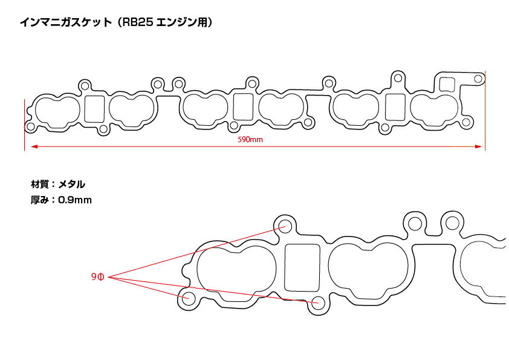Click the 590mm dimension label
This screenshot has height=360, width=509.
point(250,140)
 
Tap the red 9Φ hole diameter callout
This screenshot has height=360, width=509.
point(97,277)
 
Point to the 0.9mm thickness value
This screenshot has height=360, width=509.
point(75,200)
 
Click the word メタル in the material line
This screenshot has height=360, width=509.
point(72,184)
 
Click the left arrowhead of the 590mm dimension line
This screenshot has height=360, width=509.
point(34,146)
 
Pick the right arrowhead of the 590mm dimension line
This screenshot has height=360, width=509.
point(478,146)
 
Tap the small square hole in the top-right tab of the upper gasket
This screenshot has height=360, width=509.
point(447,84)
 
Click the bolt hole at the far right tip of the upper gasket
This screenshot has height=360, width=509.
point(478,79)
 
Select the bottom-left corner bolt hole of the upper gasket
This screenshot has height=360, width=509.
point(30,126)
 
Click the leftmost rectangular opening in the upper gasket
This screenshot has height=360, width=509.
point(94,109)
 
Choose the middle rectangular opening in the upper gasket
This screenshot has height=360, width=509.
point(243,107)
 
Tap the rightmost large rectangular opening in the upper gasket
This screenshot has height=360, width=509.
point(395,107)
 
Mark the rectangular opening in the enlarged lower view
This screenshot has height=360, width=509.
point(302,267)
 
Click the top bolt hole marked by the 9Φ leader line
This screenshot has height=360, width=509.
point(285,226)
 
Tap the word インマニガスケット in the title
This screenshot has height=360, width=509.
point(65,22)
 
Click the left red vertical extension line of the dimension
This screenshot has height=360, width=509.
point(24,125)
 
